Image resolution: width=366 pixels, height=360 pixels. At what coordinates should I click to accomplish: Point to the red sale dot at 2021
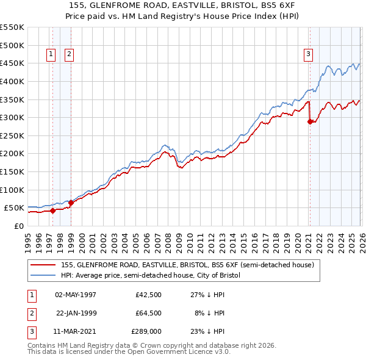pyautogui.click(x=310, y=121)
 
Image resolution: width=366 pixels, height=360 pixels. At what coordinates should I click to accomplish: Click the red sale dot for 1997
pyautogui.click(x=52, y=211)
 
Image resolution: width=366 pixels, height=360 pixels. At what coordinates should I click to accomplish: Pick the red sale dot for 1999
pyautogui.click(x=71, y=203)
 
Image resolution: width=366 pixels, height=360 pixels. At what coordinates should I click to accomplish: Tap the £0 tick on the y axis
pyautogui.click(x=20, y=226)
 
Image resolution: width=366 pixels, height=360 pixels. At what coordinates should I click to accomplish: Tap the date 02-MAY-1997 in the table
pyautogui.click(x=76, y=295)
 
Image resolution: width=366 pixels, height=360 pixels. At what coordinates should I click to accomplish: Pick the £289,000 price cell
pyautogui.click(x=146, y=331)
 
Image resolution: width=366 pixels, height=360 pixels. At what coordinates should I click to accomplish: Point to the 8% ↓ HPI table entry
pyautogui.click(x=209, y=313)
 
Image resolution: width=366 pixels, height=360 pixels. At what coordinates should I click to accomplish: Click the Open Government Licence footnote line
pyautogui.click(x=129, y=352)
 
